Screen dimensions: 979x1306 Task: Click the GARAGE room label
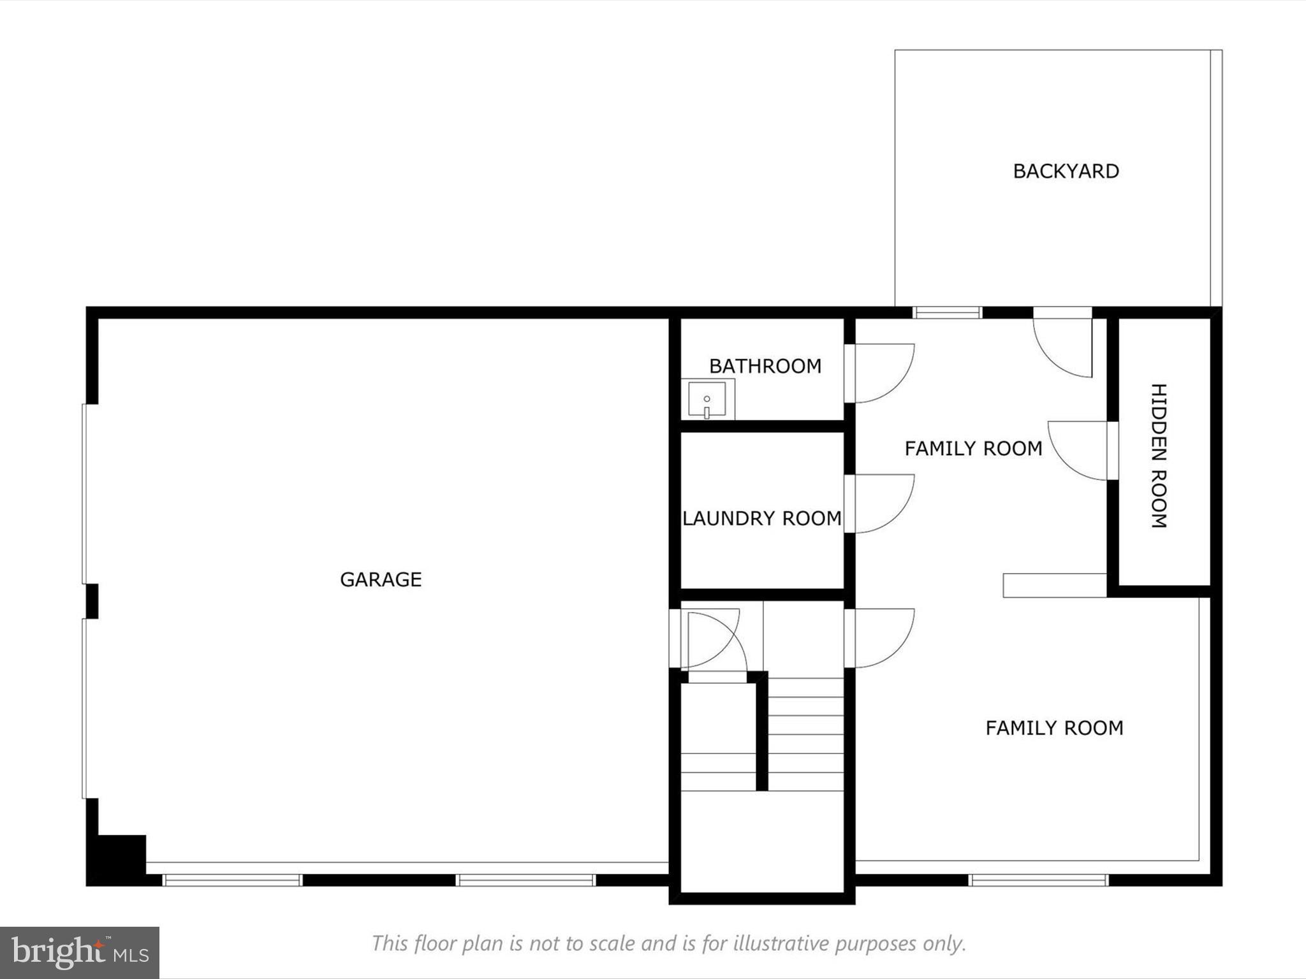(x=381, y=579)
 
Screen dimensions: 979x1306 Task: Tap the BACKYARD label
(x=1066, y=171)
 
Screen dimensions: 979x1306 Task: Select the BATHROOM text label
(x=765, y=366)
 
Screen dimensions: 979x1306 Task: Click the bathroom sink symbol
(x=707, y=400)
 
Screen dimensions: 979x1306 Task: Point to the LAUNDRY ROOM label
(x=762, y=518)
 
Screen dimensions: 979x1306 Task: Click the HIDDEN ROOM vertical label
(x=1159, y=456)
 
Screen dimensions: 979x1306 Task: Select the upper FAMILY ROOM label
(x=973, y=449)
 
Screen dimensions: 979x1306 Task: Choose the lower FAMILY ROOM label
(x=1054, y=728)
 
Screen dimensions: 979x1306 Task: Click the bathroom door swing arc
(x=883, y=373)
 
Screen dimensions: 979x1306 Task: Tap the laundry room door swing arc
(x=883, y=504)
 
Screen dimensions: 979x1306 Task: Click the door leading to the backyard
(x=1062, y=344)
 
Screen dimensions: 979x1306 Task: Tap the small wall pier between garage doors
(x=92, y=601)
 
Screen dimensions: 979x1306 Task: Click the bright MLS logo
(x=80, y=952)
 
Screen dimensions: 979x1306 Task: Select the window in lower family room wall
(x=1038, y=880)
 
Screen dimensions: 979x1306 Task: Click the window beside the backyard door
(x=947, y=312)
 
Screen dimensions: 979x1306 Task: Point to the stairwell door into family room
(x=883, y=638)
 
